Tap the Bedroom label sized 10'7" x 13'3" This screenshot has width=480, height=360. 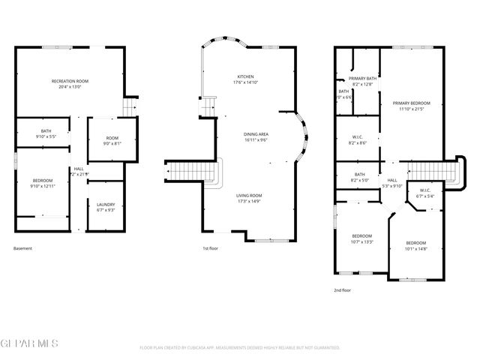361,238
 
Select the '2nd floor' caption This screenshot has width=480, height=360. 342,290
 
